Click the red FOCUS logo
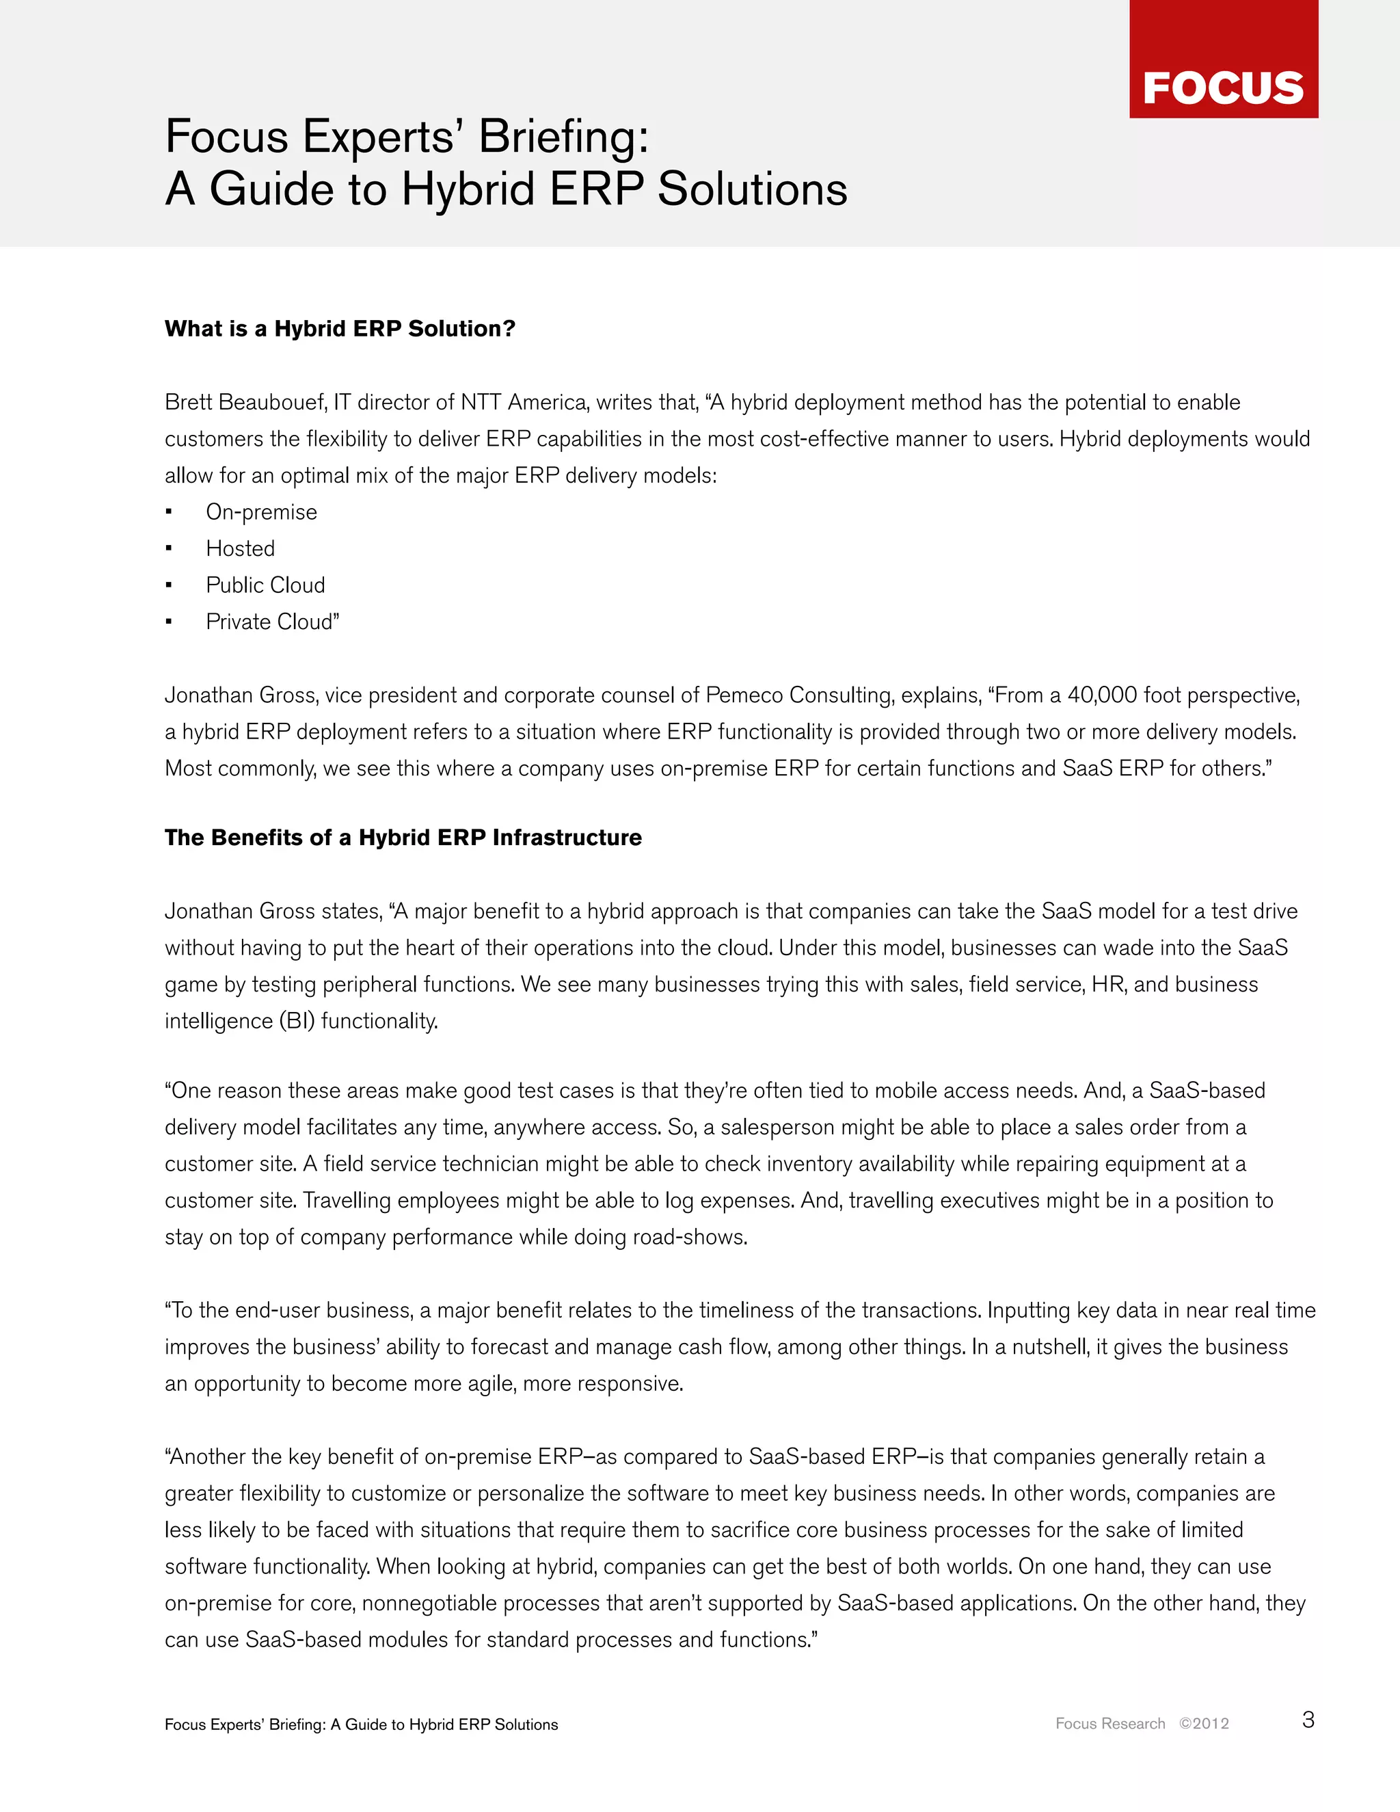coord(1224,59)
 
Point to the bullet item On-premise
coord(261,512)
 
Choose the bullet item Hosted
coord(241,548)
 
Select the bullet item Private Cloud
coord(271,622)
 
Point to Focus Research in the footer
coord(1109,1723)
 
